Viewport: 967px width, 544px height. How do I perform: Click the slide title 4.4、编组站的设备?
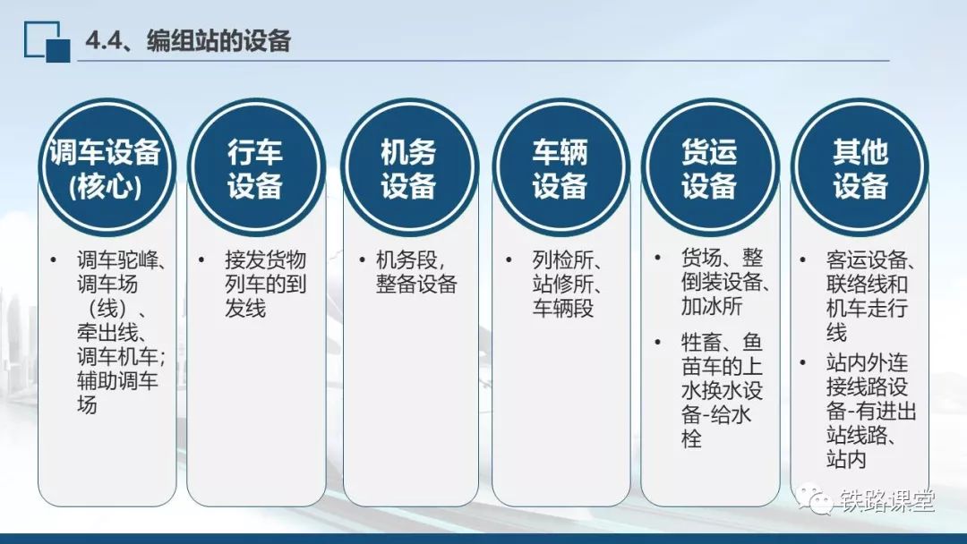(x=188, y=41)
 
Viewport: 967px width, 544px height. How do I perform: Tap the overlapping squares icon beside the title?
(x=47, y=41)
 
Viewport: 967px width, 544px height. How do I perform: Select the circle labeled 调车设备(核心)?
(x=107, y=167)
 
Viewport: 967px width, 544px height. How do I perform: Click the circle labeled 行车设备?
(x=255, y=167)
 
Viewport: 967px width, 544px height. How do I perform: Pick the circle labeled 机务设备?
(x=409, y=167)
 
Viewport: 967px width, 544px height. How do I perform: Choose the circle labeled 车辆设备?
(x=560, y=167)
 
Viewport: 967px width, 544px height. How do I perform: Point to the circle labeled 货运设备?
(x=710, y=167)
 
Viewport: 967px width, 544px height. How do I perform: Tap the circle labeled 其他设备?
(x=860, y=167)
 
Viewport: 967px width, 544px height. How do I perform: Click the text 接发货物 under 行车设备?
(x=265, y=260)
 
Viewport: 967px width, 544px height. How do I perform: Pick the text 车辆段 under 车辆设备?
(x=562, y=308)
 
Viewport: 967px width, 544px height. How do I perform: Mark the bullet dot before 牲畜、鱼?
(x=658, y=342)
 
